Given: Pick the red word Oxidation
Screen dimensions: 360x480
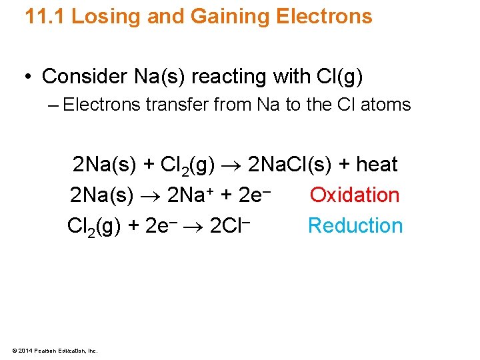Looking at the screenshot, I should [x=355, y=195].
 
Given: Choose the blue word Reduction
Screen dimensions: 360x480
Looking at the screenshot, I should [x=355, y=226].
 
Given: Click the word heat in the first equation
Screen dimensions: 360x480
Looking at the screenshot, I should [x=377, y=165].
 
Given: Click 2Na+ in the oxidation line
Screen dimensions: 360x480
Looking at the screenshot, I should [x=189, y=195].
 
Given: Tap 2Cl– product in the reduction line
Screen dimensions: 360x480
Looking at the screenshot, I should [x=229, y=225].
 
